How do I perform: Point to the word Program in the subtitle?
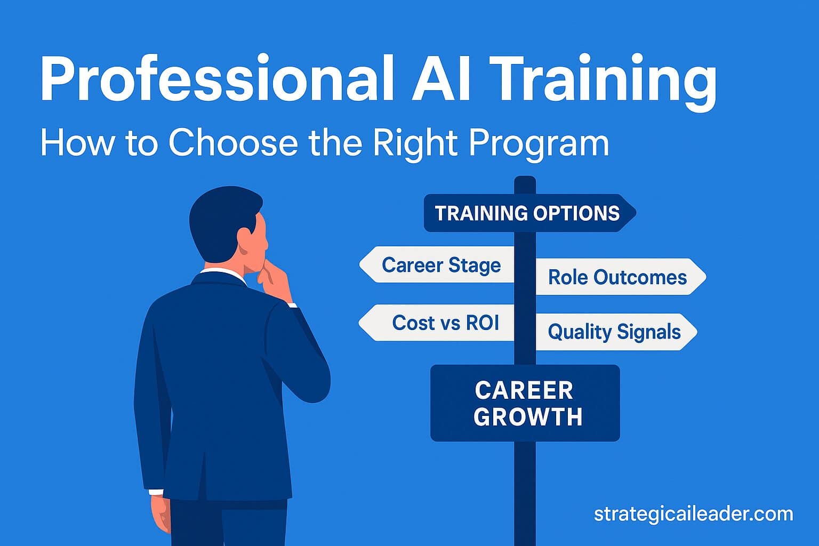539,143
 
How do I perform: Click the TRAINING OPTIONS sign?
528,213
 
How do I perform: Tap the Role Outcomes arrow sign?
619,277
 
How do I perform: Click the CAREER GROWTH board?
525,403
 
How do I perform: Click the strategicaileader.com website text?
693,514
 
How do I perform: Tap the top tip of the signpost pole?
525,180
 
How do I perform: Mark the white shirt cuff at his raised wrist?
291,305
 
